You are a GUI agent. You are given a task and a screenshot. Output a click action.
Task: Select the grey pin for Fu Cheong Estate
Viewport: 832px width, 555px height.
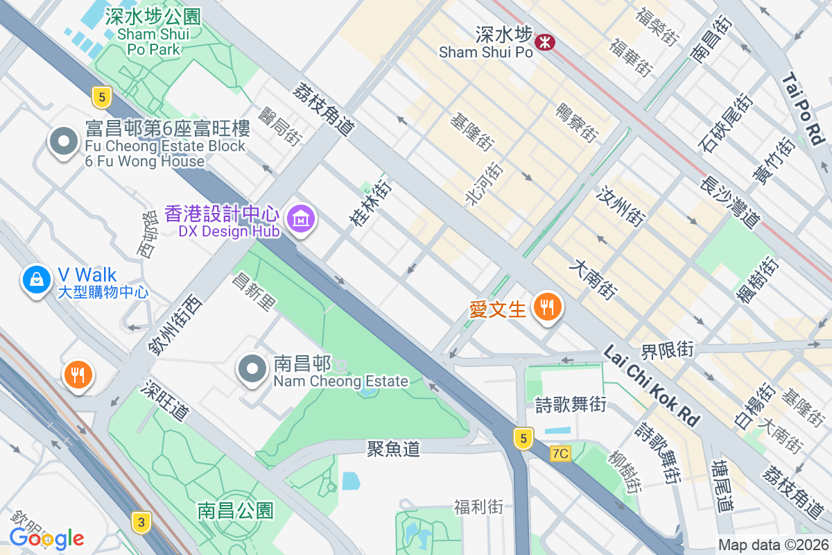(64, 142)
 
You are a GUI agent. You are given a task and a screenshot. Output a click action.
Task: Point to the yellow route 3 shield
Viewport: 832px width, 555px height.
(141, 522)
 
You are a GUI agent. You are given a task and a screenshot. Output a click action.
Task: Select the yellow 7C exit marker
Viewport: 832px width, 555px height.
(560, 454)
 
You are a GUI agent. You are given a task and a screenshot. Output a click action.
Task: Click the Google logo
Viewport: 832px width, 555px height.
(46, 538)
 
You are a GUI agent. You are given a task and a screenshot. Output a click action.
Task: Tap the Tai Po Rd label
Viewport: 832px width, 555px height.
(805, 110)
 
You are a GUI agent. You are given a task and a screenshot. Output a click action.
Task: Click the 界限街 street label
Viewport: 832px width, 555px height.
(667, 350)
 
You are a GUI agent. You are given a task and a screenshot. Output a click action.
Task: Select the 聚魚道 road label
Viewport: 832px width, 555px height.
(393, 450)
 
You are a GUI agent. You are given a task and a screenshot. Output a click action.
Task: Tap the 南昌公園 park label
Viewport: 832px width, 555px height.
(236, 511)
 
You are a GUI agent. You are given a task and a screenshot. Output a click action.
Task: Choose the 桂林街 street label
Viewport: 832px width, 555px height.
(371, 203)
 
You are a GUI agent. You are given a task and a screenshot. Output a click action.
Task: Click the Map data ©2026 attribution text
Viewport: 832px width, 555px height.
(773, 545)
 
